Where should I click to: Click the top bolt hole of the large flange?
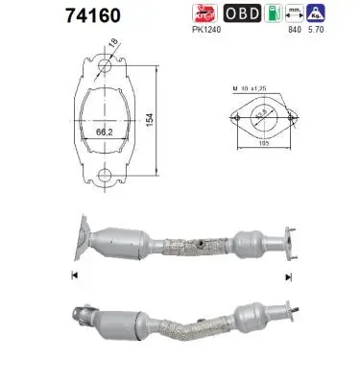pyautogui.click(x=103, y=64)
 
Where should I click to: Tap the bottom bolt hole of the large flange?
pyautogui.click(x=103, y=177)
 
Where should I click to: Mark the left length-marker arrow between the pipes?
pyautogui.click(x=73, y=275)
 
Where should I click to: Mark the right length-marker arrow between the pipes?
pyautogui.click(x=288, y=275)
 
